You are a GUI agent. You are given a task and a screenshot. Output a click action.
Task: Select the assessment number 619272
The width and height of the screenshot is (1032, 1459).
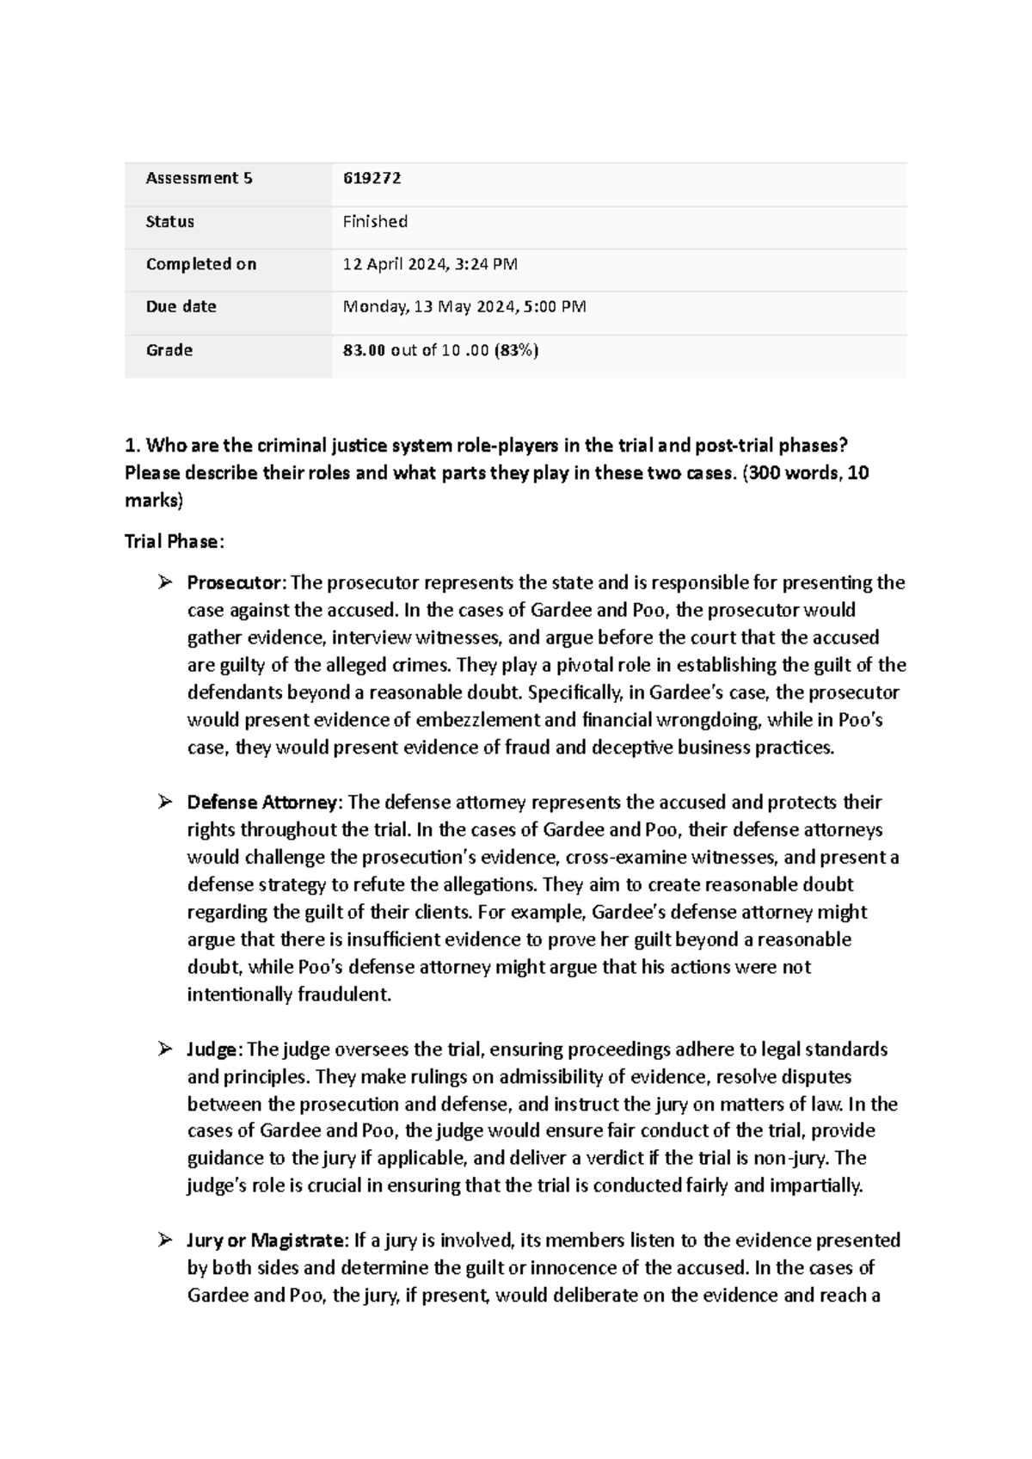coord(372,178)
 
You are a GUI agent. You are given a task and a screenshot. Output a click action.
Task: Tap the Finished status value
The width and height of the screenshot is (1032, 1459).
coord(375,221)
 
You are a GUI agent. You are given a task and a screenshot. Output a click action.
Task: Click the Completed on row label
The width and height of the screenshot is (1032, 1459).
coord(201,264)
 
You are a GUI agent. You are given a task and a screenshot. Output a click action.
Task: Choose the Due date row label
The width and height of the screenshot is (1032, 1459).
coord(181,306)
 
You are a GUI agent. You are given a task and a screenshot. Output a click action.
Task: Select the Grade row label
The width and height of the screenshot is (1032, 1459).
coord(169,350)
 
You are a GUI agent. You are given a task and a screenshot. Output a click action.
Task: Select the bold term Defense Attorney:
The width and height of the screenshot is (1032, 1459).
coord(265,803)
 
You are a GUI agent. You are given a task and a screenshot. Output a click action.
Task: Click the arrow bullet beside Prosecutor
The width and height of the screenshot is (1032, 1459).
coord(166,583)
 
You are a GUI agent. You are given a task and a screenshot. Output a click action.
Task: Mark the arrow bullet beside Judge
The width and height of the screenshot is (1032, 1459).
coord(166,1050)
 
